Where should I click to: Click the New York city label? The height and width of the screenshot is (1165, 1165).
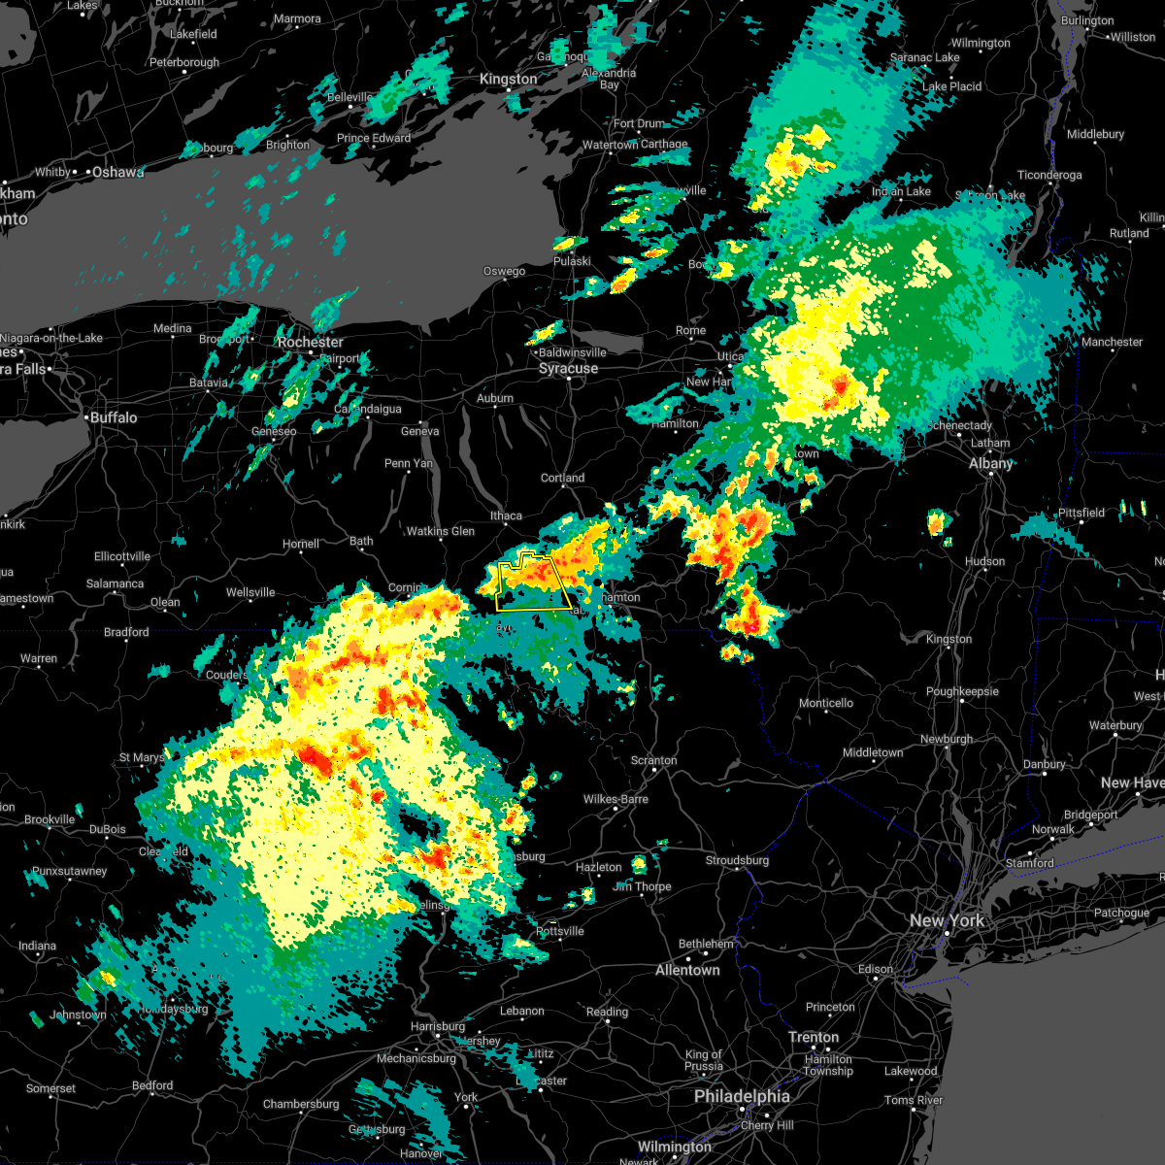coord(947,920)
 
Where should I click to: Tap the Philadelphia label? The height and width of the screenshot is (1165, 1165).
coord(742,1096)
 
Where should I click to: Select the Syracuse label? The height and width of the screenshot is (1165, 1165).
coord(568,369)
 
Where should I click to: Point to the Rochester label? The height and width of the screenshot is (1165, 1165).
coord(310,342)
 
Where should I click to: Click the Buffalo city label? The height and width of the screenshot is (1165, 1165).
coord(114,417)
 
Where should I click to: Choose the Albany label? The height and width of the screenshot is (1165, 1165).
coord(990,463)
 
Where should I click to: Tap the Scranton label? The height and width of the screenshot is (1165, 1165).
coord(653,760)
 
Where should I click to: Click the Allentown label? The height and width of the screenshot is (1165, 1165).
coord(687,970)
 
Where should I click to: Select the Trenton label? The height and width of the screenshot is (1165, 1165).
coord(814,1037)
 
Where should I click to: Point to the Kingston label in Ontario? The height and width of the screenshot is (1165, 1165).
coord(508,80)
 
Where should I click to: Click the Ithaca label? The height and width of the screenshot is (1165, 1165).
coord(506,516)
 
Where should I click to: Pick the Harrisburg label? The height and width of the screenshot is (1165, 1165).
coord(438,1026)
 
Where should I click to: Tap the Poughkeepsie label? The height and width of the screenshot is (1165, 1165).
coord(961,691)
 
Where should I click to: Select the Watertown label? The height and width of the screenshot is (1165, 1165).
coord(610,145)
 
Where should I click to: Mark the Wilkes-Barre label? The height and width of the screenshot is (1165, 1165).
coord(616,799)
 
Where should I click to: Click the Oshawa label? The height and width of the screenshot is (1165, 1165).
coord(117,172)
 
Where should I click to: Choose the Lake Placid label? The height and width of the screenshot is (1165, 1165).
coord(951,86)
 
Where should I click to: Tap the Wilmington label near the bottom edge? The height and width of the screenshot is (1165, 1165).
coord(674,1147)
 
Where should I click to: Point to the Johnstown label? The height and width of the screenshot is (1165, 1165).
coord(78,1015)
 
